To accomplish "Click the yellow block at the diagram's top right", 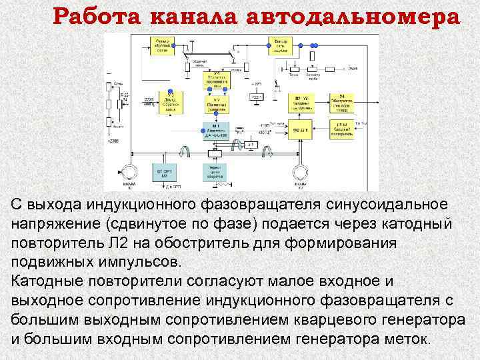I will (x=281, y=45).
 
